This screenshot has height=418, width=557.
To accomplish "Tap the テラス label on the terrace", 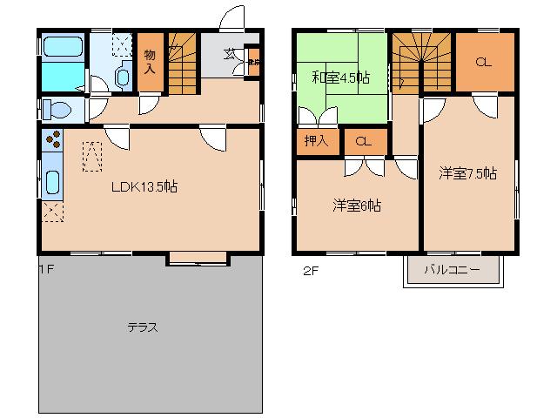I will point(142,327).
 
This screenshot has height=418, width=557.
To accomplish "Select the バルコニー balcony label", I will point(452,270).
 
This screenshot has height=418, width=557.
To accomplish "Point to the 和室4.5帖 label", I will point(340,78).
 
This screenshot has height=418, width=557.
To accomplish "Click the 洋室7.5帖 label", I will point(467,173).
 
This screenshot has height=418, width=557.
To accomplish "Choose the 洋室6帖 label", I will point(357,206).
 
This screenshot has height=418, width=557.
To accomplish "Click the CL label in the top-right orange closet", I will point(484,62).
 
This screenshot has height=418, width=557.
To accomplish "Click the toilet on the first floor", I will point(57,111).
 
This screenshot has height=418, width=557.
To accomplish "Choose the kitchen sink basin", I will point(52,183).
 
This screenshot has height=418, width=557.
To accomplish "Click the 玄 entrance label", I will point(229,54).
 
